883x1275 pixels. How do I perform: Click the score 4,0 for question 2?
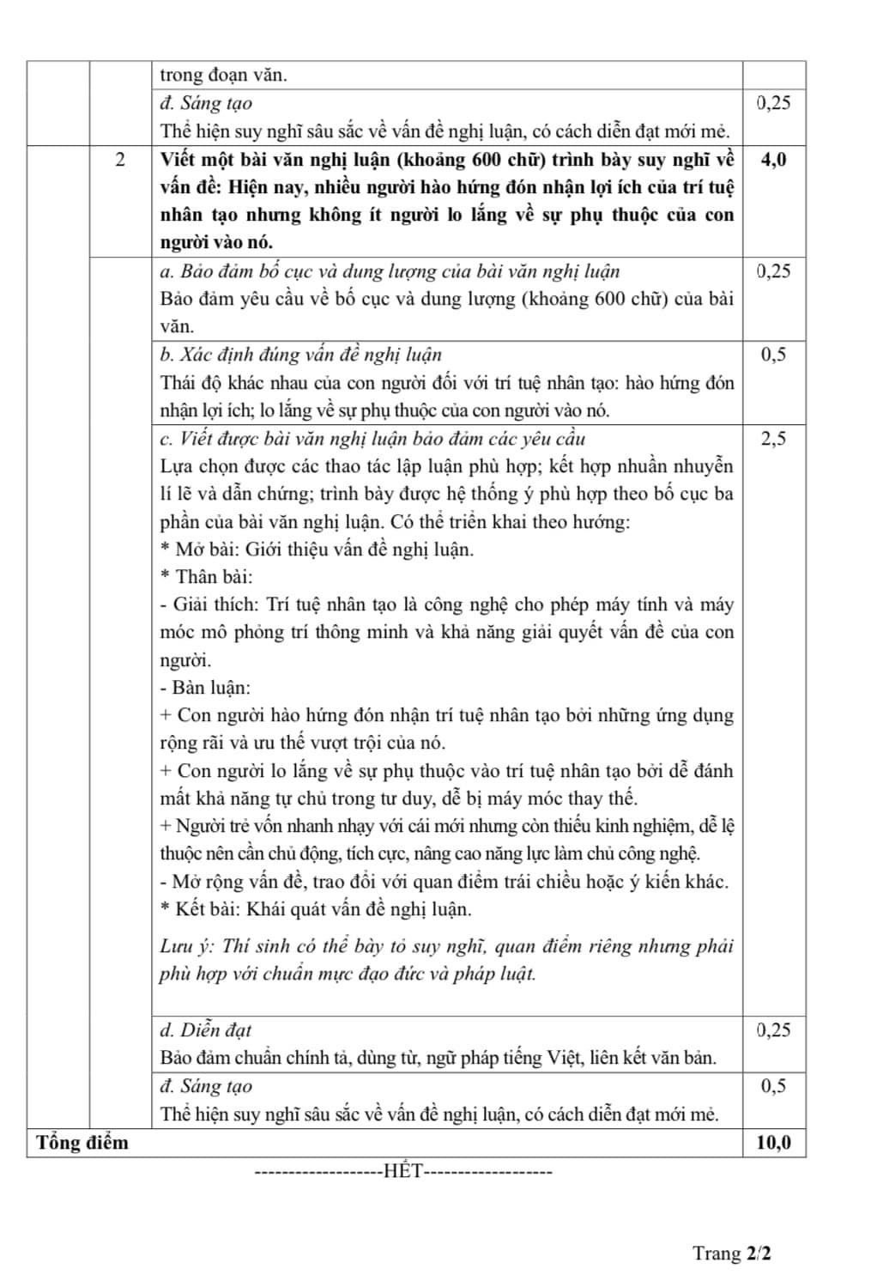(773, 159)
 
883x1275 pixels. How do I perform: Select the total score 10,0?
(773, 1143)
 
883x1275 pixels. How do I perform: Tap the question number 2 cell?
(119, 159)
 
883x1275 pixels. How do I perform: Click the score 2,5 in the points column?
(773, 439)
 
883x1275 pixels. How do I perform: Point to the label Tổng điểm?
(82, 1143)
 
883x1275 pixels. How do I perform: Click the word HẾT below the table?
(404, 1171)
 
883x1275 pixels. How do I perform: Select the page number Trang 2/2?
(732, 1253)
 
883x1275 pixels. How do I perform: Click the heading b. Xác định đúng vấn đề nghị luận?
(301, 355)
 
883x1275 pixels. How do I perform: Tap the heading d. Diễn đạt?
(206, 1030)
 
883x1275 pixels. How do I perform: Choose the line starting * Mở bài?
(317, 549)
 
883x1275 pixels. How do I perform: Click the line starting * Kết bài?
(316, 909)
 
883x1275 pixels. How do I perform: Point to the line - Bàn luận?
(205, 688)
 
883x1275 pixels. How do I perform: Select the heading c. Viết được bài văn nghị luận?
(372, 439)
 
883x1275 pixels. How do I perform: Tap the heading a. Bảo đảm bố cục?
(390, 271)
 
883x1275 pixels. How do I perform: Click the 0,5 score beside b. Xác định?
(773, 355)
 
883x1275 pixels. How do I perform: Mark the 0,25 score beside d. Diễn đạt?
(773, 1030)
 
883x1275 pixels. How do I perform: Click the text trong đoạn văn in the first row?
(224, 75)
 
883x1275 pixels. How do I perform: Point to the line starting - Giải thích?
(446, 605)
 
